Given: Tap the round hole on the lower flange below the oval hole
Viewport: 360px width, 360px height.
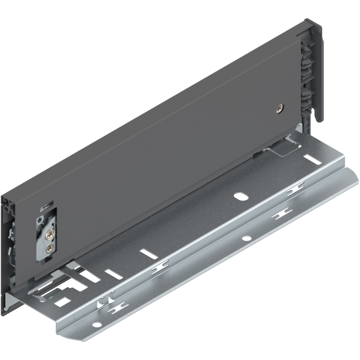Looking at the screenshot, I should click(246, 239).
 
